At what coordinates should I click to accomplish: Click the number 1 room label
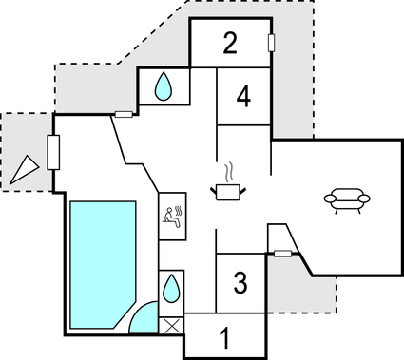225,337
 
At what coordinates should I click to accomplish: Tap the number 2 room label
230,43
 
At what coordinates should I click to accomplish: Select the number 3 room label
240,282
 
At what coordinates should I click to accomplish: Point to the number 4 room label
244,96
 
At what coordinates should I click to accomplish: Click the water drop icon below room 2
164,88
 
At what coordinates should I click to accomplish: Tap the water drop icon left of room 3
171,287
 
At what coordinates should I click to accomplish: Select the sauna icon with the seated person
173,218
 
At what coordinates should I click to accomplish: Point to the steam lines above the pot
229,171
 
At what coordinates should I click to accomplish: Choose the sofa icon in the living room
347,199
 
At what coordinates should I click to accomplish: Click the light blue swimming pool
100,261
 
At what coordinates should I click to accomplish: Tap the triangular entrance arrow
26,168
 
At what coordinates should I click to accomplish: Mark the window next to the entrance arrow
53,152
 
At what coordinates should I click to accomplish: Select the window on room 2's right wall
272,43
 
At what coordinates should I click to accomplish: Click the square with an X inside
171,325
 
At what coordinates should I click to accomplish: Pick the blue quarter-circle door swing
144,319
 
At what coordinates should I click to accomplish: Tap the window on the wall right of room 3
282,253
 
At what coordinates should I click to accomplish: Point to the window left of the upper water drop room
124,115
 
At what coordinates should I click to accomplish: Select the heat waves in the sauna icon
179,209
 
